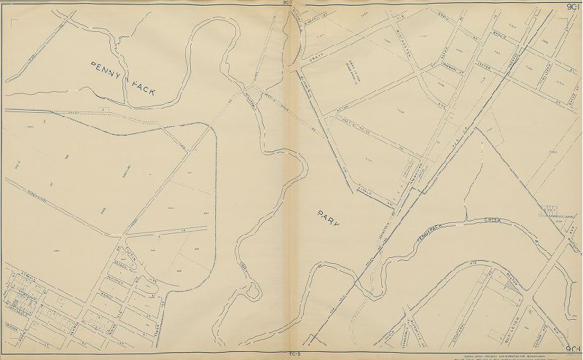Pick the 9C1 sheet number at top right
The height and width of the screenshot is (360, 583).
click(571, 7)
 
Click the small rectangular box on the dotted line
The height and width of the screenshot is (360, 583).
click(105, 110)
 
